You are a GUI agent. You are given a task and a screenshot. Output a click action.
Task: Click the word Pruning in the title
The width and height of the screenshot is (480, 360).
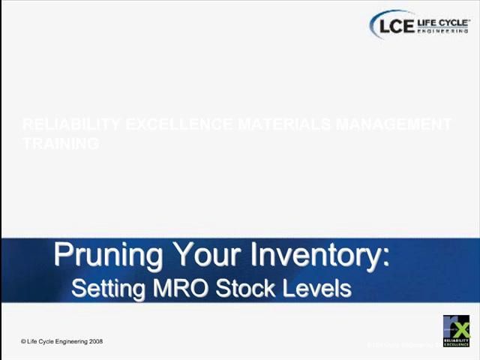[108, 256]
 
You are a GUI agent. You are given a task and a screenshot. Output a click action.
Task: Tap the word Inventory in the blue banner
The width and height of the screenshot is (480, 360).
[319, 256]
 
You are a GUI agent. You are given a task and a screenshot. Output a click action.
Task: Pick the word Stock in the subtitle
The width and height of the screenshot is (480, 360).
[244, 288]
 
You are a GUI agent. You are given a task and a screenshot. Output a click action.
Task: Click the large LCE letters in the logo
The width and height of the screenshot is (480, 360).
[396, 25]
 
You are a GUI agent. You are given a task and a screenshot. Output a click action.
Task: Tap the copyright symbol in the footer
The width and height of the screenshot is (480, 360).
[23, 342]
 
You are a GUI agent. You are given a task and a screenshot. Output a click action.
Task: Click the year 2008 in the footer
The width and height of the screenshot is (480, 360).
[96, 342]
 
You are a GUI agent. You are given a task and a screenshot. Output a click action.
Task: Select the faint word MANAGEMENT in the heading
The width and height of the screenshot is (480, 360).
[393, 124]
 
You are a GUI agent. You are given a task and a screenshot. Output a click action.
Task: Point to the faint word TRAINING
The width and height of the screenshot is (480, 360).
[61, 143]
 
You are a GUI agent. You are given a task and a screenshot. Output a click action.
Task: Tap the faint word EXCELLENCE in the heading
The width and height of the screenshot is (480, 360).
[176, 124]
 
